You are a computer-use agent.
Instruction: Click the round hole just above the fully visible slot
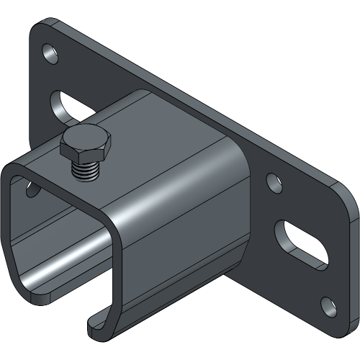tap(273, 184)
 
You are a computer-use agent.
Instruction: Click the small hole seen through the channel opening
tap(33, 189)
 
